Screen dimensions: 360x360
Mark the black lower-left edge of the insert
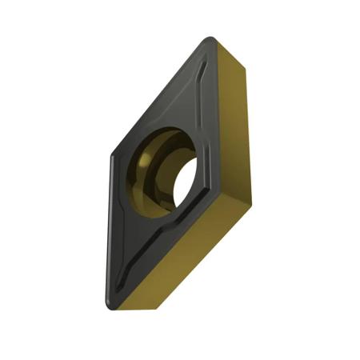coord(111,232)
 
